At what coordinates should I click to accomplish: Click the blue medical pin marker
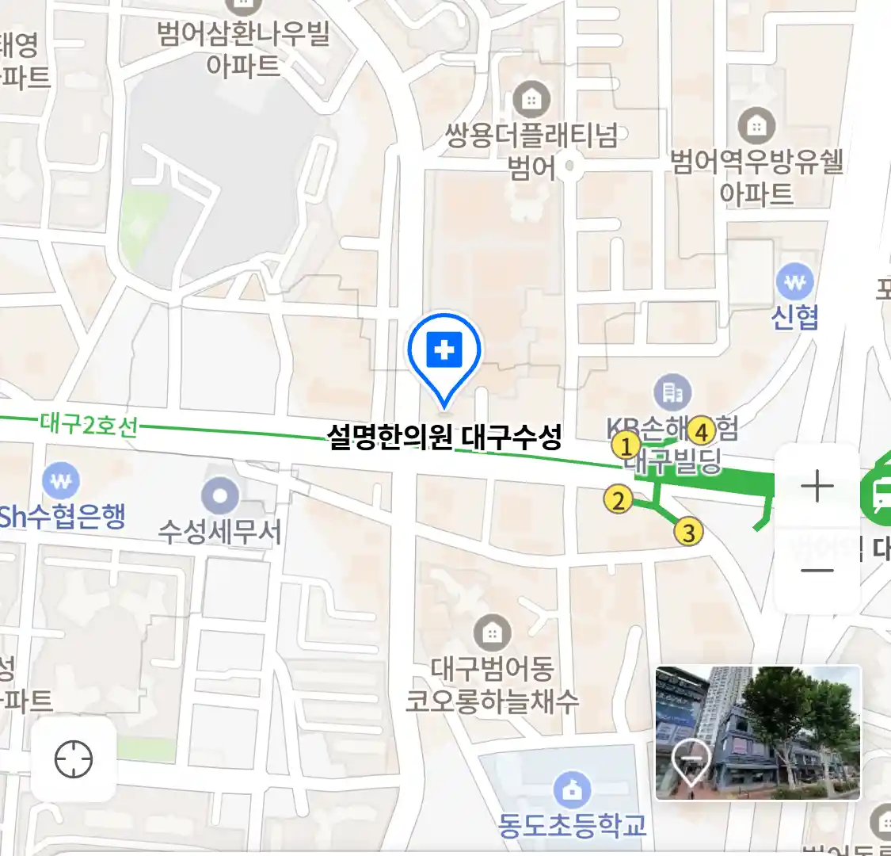pyautogui.click(x=444, y=350)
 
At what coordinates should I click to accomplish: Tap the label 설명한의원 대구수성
pyautogui.click(x=444, y=437)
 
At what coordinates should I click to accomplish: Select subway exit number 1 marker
pyautogui.click(x=626, y=445)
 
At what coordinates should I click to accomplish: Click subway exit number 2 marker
pyautogui.click(x=618, y=500)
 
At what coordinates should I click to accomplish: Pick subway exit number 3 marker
pyautogui.click(x=688, y=533)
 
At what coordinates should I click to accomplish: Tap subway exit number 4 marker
pyautogui.click(x=701, y=432)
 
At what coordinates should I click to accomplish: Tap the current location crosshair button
pyautogui.click(x=74, y=760)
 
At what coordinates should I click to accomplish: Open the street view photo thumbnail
pyautogui.click(x=757, y=732)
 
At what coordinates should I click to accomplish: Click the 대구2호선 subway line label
pyautogui.click(x=89, y=426)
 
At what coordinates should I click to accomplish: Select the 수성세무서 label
pyautogui.click(x=219, y=532)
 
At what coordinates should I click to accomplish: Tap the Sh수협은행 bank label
pyautogui.click(x=63, y=517)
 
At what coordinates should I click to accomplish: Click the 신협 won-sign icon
pyautogui.click(x=795, y=281)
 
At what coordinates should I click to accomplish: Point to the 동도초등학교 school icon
pyautogui.click(x=572, y=789)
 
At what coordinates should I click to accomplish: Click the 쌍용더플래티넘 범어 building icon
pyautogui.click(x=531, y=100)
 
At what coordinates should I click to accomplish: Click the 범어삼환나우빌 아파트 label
pyautogui.click(x=243, y=49)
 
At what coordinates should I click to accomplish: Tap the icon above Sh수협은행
pyautogui.click(x=61, y=480)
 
